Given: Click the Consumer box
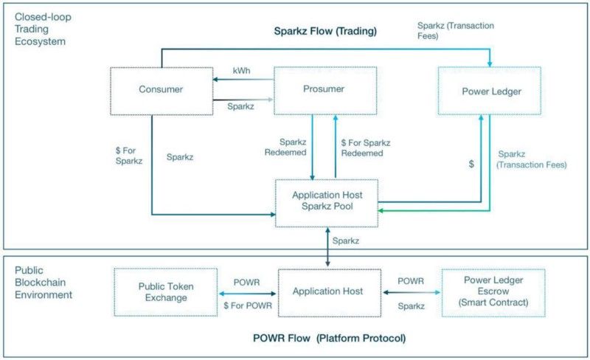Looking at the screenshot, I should tap(160, 90).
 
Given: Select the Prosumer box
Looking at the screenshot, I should tap(325, 90).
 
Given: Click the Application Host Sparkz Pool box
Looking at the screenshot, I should tap(327, 202).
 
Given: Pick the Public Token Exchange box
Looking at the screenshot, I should tap(165, 291).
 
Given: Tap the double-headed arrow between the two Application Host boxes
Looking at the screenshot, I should tap(326, 246).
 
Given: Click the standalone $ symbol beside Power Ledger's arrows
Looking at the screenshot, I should tap(471, 164).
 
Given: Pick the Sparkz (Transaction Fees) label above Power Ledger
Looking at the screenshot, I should tap(455, 30).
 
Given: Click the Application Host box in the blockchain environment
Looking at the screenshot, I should tap(327, 291).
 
